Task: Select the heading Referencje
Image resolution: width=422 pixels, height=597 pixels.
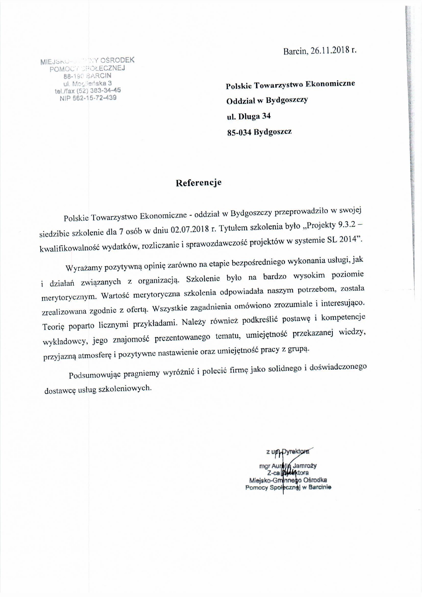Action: coord(198,183)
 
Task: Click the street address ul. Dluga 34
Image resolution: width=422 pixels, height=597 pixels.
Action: coord(249,116)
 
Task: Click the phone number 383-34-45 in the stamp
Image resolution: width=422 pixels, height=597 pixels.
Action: coord(106,90)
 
